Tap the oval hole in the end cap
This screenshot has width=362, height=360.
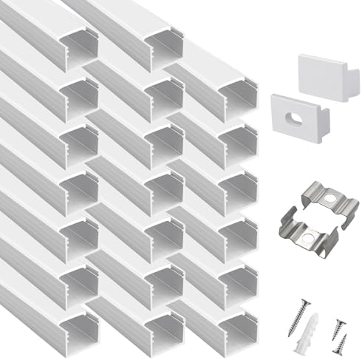click(296, 117)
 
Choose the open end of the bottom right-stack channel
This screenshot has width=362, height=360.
click(241, 329)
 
